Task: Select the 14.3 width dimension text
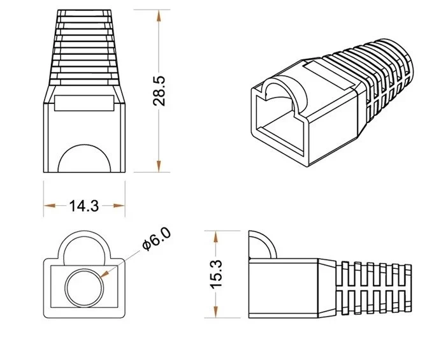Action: click(83, 205)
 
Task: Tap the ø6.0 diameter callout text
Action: click(156, 241)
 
